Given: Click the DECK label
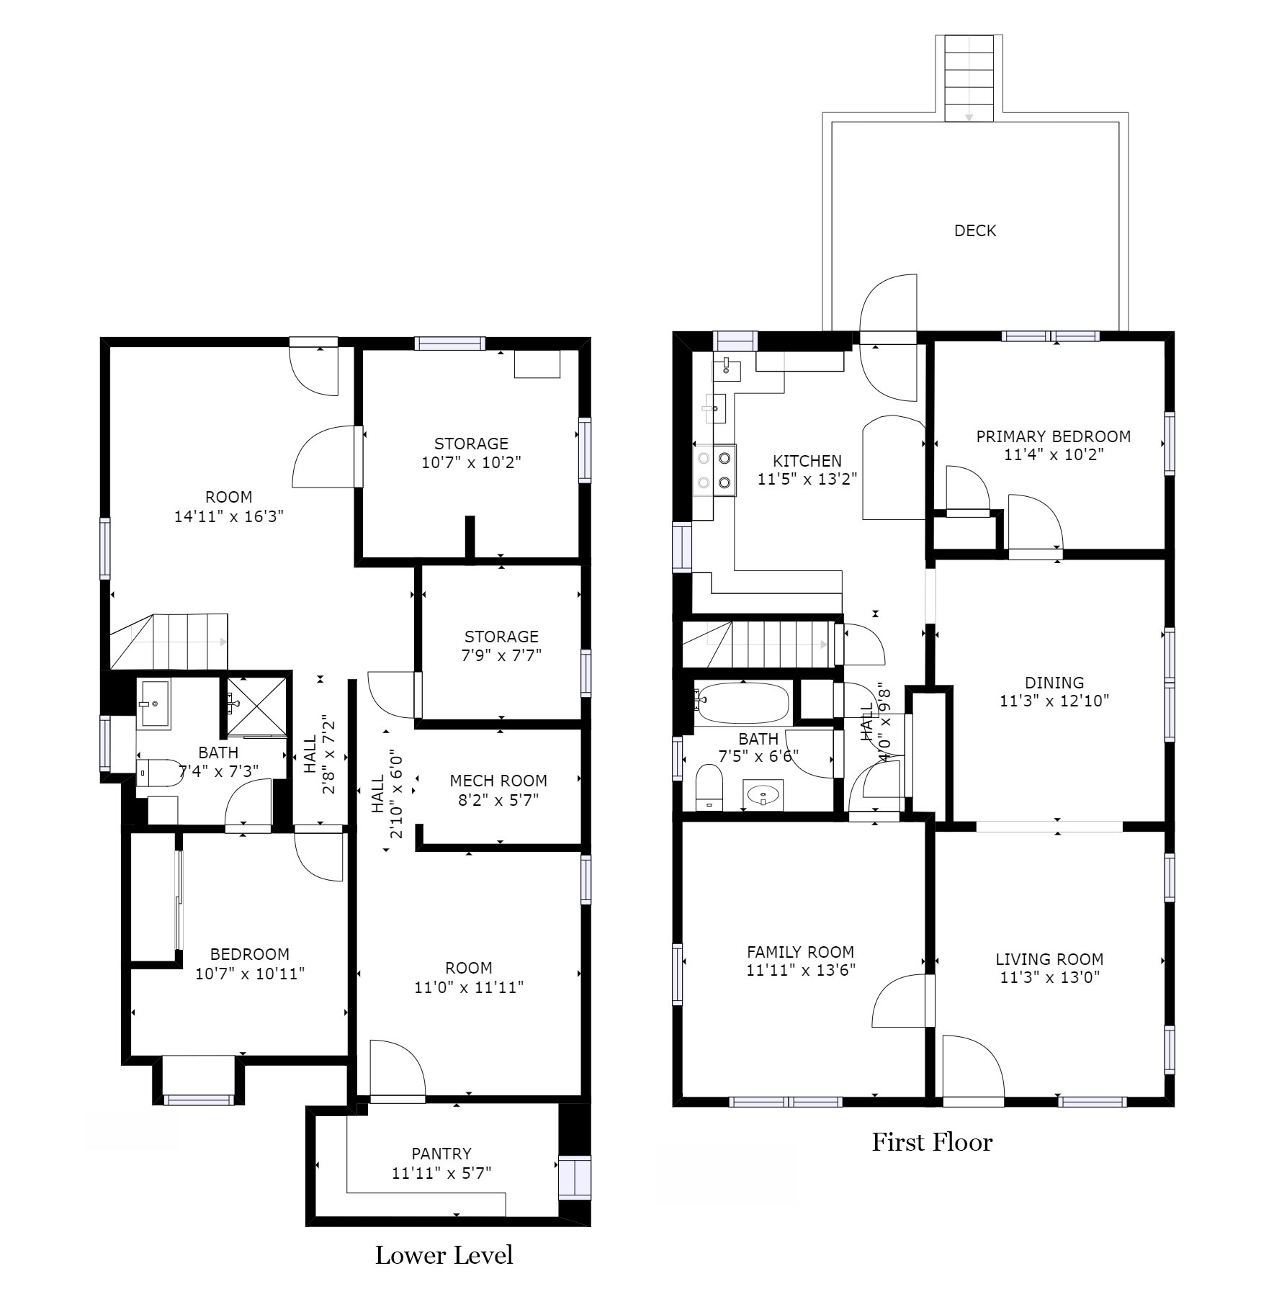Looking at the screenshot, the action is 974,230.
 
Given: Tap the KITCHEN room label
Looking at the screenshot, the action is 807,461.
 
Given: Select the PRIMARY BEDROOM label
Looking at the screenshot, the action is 1053,436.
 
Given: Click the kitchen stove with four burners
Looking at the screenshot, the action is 714,471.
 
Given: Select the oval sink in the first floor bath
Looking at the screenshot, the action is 763,796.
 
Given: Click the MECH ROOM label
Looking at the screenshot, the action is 498,781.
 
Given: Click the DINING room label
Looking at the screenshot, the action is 1054,682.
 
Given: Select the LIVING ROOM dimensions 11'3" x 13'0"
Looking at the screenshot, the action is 1049,977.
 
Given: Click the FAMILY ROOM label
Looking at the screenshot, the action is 800,952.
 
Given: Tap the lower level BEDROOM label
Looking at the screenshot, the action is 249,954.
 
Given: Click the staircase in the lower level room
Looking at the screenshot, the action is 170,641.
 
